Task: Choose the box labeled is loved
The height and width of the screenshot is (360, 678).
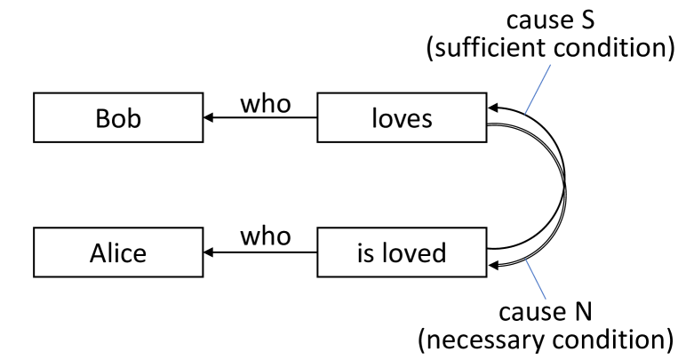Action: pos(401,253)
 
